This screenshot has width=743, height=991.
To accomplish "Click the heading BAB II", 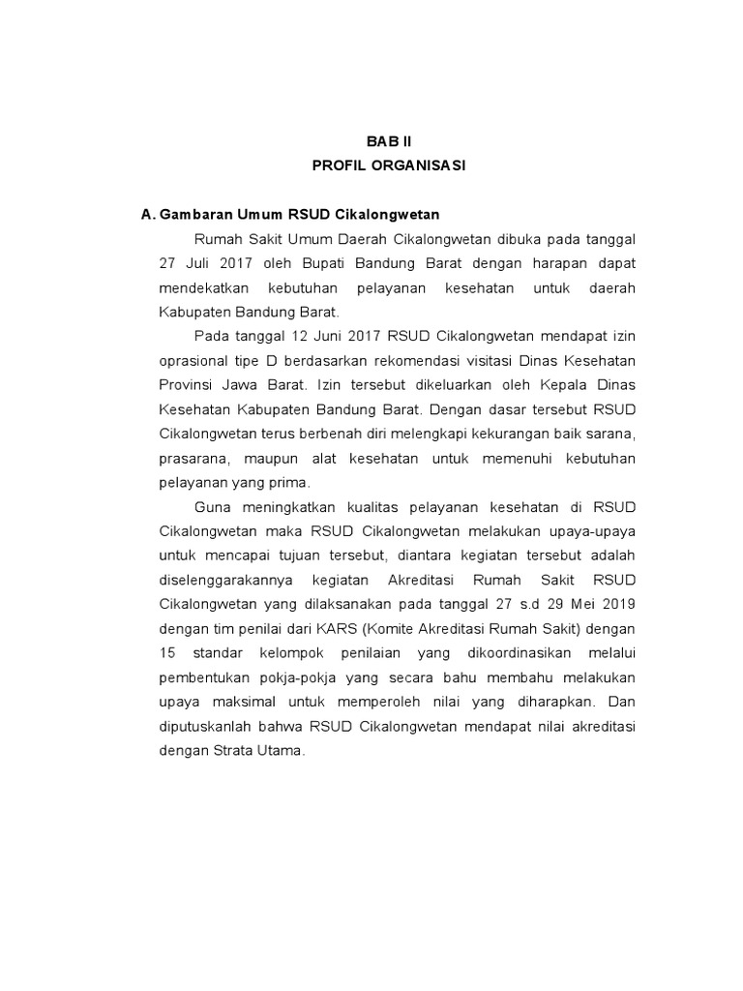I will click(388, 141).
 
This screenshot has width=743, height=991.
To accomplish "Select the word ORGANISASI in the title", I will click(421, 166).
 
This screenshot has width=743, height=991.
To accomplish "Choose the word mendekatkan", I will click(204, 288).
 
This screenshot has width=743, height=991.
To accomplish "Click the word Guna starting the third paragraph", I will click(213, 506).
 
